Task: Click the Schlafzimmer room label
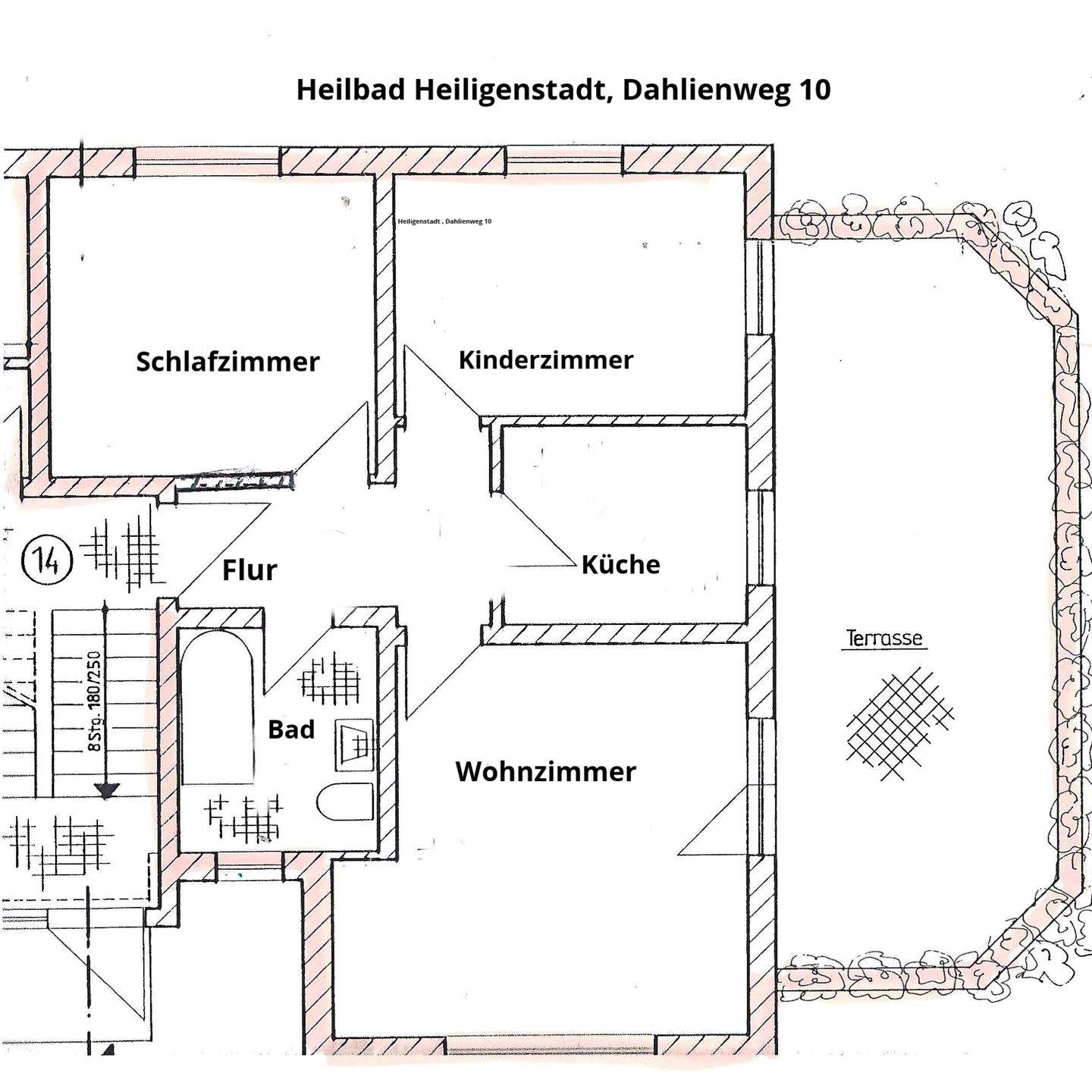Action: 227,361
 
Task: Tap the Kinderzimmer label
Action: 545,359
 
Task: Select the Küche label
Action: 620,564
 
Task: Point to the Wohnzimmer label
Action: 545,771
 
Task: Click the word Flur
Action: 249,570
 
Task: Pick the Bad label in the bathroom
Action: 291,730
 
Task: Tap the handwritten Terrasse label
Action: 885,639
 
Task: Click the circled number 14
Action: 47,562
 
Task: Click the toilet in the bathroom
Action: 346,802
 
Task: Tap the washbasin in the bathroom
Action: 354,741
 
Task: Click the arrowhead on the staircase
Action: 106,791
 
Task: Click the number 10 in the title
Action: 814,89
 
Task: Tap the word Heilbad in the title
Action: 351,89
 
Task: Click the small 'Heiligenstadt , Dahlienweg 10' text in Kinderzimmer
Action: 444,221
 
